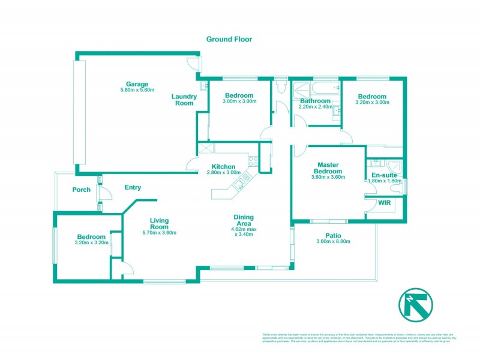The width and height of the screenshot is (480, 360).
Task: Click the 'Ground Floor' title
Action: coord(229,39)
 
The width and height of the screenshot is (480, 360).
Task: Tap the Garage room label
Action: coord(137,84)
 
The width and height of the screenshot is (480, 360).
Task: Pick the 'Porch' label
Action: coord(81,190)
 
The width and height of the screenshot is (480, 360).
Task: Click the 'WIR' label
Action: coord(385,203)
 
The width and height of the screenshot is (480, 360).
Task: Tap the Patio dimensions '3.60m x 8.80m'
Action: coord(333,241)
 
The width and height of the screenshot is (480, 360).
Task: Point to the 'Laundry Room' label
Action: coord(184,100)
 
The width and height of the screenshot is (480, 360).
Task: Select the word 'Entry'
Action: coord(133,188)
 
